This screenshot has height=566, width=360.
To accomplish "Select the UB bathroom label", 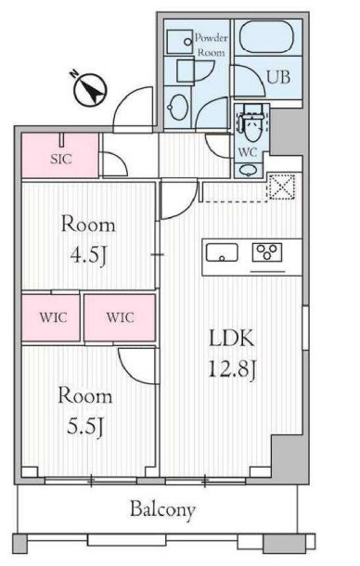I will click(278, 77).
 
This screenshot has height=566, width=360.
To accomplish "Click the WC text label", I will click(249, 150).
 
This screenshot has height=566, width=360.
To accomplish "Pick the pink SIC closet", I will click(59, 157).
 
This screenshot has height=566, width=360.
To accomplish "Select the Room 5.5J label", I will click(85, 410).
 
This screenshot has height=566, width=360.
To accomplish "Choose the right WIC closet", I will click(120, 317).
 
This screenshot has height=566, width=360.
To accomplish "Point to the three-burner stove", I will click(268, 251).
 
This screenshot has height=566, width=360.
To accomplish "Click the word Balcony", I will click(162, 509).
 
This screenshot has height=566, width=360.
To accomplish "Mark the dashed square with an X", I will click(279, 187).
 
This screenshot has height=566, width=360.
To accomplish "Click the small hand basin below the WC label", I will click(247, 171).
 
